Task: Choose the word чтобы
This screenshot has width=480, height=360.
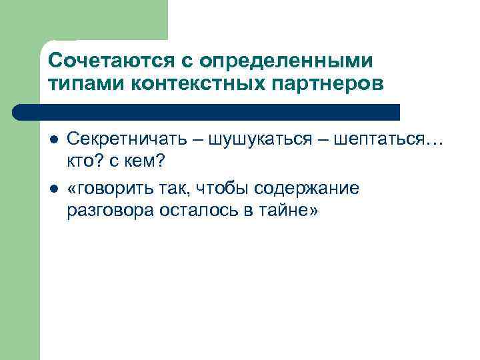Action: click(x=219, y=189)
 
